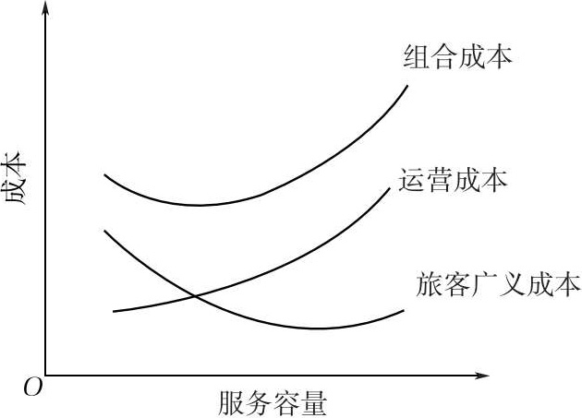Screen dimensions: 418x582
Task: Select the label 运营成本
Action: (454, 180)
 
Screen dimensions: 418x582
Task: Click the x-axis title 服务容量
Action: (273, 404)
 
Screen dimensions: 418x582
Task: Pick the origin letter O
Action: (33, 388)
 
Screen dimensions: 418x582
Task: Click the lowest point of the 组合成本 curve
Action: (199, 205)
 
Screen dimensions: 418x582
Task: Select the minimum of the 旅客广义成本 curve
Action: (317, 328)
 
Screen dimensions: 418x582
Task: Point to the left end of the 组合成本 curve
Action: (105, 173)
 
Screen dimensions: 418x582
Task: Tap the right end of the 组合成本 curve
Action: (407, 85)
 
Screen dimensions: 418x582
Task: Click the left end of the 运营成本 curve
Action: (114, 312)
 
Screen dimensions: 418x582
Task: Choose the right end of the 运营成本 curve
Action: (390, 186)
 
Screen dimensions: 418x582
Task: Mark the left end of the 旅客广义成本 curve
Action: (105, 230)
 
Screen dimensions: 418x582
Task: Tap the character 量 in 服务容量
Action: (315, 404)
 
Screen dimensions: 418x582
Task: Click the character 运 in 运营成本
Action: (413, 180)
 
